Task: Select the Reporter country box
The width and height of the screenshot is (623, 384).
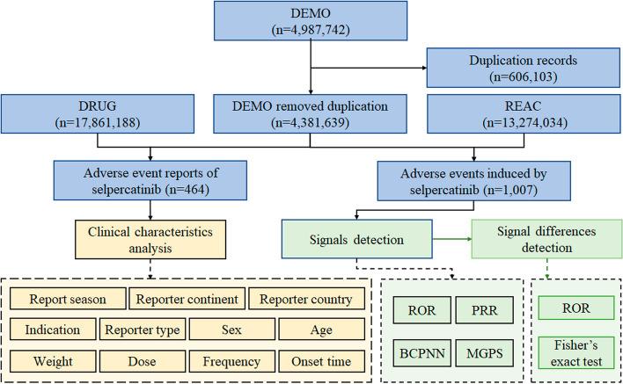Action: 304,299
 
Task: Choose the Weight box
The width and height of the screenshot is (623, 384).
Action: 53,361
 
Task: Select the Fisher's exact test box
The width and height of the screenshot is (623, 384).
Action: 577,351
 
